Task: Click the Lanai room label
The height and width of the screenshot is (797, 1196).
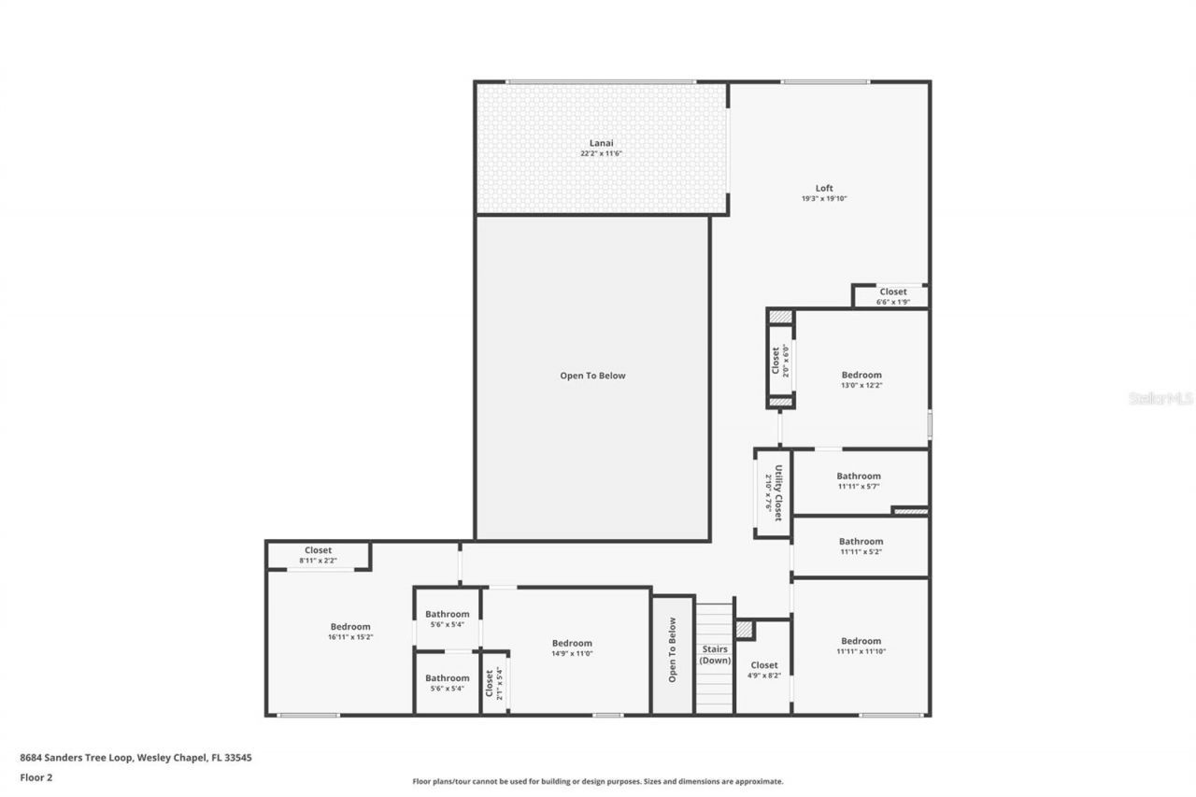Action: pos(601,142)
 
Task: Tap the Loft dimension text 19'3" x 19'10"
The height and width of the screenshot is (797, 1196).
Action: pos(823,199)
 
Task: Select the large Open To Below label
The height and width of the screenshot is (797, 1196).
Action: pos(592,376)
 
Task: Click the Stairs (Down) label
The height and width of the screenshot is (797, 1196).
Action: pos(715,654)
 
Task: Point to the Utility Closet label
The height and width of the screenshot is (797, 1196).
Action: pos(774,492)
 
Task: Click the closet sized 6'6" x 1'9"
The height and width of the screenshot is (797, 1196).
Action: pos(892,296)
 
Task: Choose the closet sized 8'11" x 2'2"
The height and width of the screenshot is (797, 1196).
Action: pos(318,555)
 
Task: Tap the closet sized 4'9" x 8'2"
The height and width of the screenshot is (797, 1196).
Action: pos(763,670)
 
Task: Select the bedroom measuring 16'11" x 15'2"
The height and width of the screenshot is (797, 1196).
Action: pos(350,632)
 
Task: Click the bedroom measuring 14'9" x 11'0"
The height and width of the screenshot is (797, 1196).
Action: pos(572,648)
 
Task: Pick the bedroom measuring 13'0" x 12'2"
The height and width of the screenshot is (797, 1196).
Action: pos(861,379)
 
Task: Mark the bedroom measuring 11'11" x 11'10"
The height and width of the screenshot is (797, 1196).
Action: pos(861,646)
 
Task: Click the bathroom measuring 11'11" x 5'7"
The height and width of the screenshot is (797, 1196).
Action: pos(859,480)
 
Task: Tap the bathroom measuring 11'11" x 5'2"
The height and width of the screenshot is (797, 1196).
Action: pos(861,546)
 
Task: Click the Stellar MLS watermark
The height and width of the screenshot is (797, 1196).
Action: pos(1160,398)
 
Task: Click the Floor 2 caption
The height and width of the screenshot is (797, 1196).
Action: pos(36,776)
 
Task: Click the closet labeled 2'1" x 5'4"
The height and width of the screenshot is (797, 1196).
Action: pos(493,683)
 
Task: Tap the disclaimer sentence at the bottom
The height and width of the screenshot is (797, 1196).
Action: pos(598,781)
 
